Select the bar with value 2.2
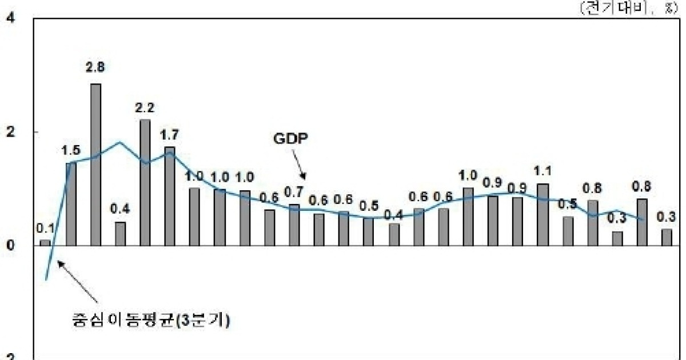click(145, 182)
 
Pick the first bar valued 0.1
click(45, 242)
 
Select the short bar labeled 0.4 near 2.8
click(120, 234)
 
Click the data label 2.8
click(95, 67)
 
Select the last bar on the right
click(667, 237)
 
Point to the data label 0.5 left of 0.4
click(369, 205)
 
